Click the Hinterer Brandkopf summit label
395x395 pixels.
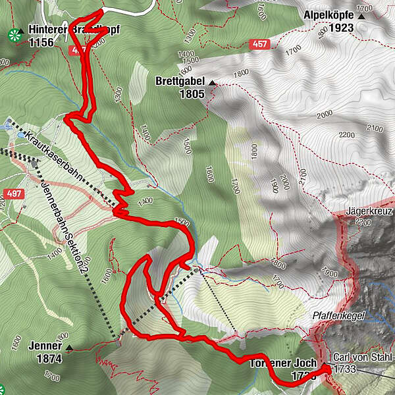point(63,30)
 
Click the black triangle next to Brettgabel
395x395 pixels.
point(212,83)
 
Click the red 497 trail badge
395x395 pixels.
point(13,194)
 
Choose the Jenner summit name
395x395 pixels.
point(44,346)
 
